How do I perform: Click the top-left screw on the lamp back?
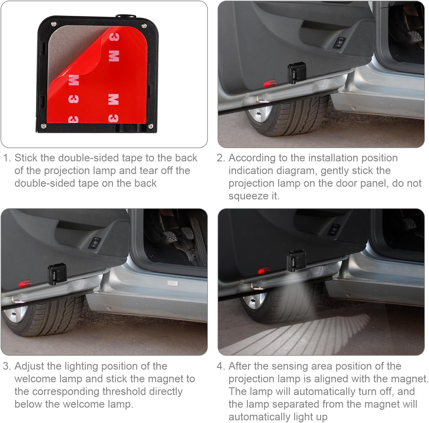tap(53, 24)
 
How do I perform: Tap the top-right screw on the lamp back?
tap(144, 26)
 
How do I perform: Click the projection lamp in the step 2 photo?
tap(296, 72)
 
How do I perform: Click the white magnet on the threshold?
tap(172, 283)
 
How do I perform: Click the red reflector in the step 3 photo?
tap(25, 284)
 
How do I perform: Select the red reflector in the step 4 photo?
tap(264, 270)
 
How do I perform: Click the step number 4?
tap(220, 366)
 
